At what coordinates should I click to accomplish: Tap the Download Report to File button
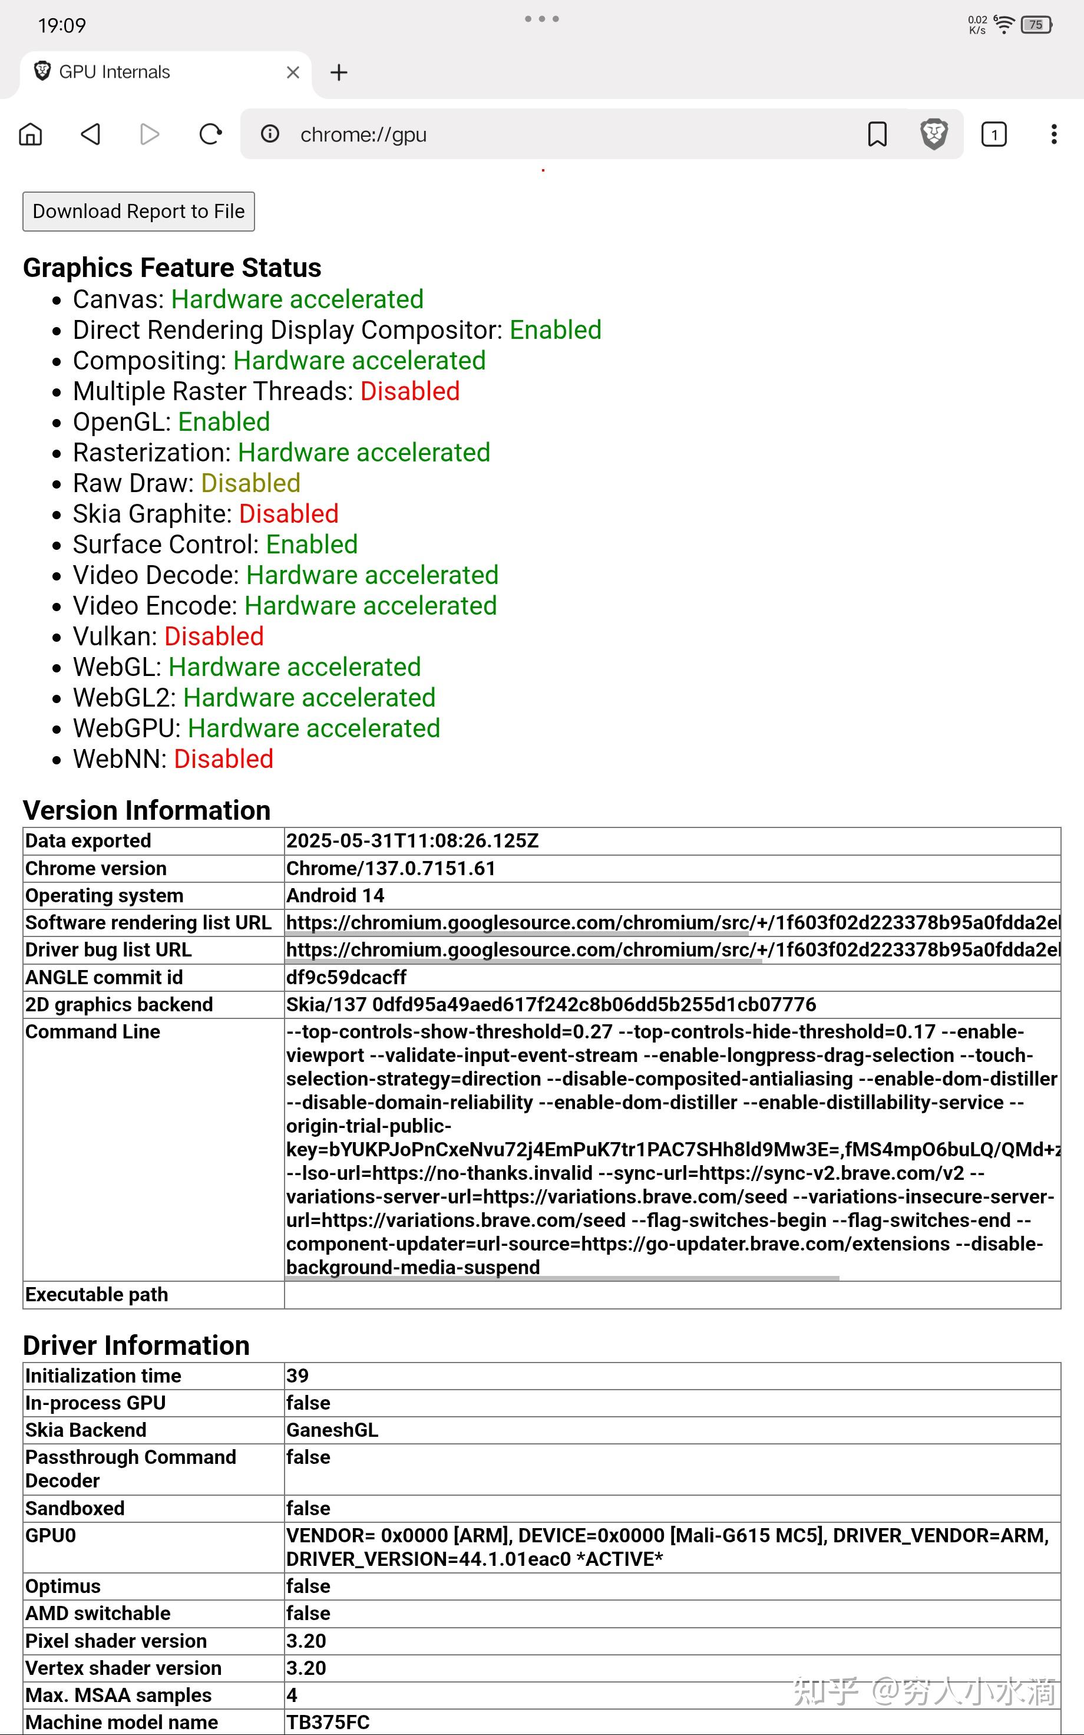[138, 212]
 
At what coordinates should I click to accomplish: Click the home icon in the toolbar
[31, 134]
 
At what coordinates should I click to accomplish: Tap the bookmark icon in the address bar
[877, 134]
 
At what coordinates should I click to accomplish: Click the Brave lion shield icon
[933, 134]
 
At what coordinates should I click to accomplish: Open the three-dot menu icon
[1053, 134]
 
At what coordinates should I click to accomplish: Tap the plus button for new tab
[338, 72]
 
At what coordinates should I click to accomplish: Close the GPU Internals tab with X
[293, 72]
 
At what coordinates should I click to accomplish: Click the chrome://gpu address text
[363, 135]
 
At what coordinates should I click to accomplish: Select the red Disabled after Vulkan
[214, 636]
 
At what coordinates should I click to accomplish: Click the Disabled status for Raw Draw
[250, 483]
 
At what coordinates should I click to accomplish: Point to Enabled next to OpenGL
[224, 423]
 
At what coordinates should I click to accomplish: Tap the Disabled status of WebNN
[223, 759]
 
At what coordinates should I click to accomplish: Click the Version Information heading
[147, 810]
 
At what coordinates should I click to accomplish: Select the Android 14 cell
[335, 895]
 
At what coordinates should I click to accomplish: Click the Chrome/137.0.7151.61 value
[391, 868]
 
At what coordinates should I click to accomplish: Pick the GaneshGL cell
[332, 1430]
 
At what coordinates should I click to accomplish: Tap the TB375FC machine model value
[328, 1722]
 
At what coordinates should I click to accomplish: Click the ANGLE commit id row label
[104, 977]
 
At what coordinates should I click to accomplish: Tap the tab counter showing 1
[994, 134]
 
